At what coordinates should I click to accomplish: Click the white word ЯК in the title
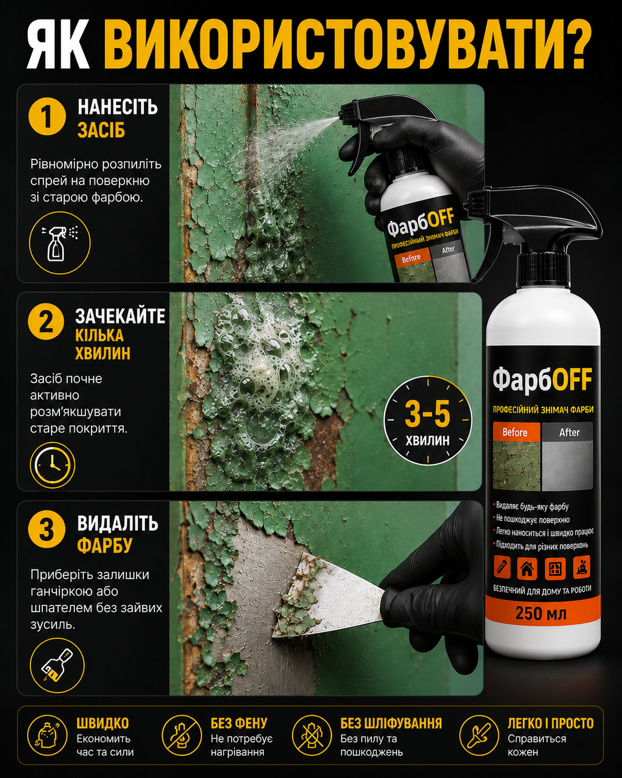click(x=58, y=44)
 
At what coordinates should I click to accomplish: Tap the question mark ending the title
click(x=578, y=44)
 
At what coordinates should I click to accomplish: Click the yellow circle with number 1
click(x=47, y=117)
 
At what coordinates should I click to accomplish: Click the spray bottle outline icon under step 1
click(x=60, y=243)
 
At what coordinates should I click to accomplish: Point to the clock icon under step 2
click(x=52, y=465)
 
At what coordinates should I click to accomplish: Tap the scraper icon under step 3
click(x=57, y=665)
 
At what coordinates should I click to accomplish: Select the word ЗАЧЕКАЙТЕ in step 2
click(x=120, y=316)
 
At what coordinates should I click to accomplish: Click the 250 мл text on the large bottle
click(x=541, y=613)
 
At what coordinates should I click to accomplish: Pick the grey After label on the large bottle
click(x=568, y=432)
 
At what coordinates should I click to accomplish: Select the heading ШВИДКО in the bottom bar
click(x=103, y=724)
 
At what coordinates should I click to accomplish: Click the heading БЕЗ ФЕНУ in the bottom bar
click(x=239, y=724)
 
